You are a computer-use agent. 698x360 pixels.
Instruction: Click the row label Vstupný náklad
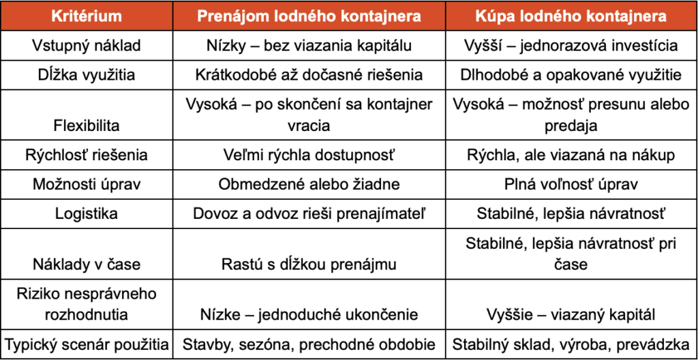87,46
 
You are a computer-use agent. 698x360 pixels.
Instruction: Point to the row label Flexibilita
87,125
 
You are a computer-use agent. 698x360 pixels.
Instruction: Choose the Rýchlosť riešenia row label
87,155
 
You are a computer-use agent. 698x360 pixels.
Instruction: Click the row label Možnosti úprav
87,184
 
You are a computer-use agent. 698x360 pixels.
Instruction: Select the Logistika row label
87,213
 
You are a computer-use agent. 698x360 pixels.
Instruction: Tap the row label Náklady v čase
87,263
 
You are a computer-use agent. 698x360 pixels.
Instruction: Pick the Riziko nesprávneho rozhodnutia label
87,304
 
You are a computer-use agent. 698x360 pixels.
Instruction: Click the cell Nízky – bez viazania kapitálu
309,46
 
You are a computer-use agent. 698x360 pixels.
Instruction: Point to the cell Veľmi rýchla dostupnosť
309,155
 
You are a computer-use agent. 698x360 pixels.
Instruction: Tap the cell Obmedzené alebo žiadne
309,184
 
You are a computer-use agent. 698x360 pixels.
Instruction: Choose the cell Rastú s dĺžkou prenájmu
309,263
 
